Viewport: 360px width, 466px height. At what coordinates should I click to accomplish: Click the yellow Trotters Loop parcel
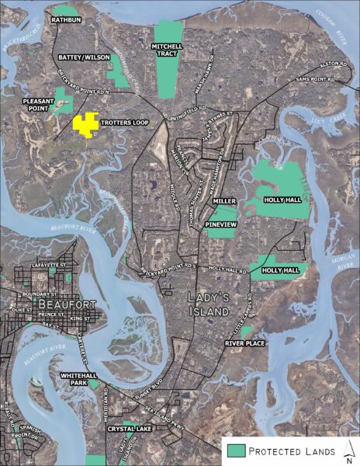coord(85,123)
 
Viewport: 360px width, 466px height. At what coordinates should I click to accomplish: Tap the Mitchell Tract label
coord(167,50)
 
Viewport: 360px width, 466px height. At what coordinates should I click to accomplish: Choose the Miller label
coord(224,201)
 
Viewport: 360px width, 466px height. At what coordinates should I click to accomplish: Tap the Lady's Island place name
coord(209,304)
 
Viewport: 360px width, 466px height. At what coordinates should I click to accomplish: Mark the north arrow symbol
coord(349,450)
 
